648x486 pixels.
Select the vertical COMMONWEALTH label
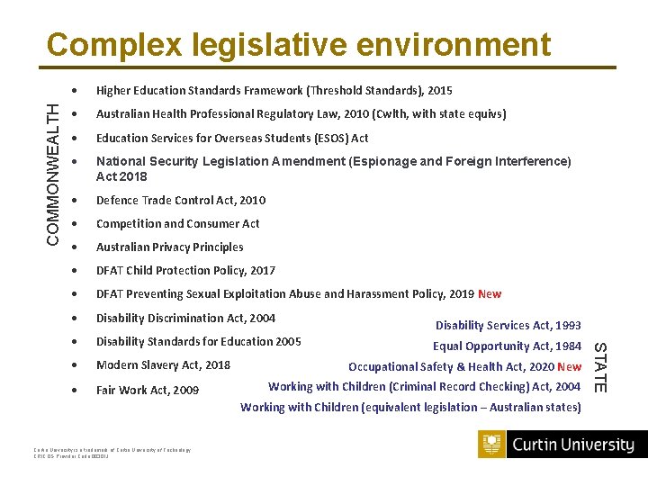(x=55, y=171)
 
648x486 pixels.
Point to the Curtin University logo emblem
(x=492, y=445)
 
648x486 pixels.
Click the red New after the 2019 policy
(x=490, y=294)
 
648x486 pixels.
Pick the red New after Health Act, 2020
(x=569, y=366)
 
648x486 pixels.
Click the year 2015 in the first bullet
(x=440, y=90)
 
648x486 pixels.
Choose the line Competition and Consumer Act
(x=177, y=223)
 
